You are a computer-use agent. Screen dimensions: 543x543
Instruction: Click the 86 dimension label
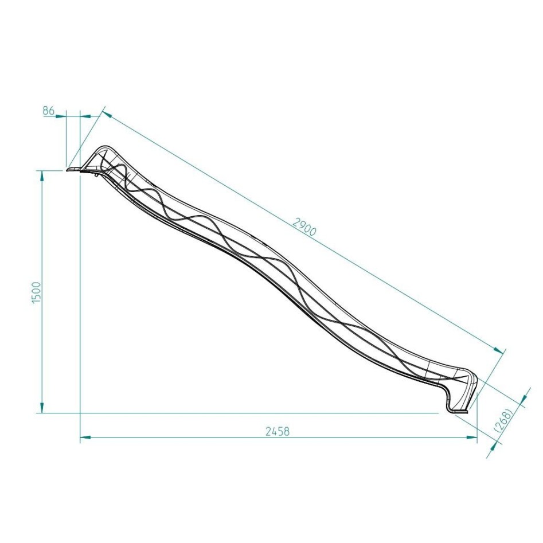(49, 110)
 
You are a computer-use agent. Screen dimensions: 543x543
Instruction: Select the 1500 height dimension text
(36, 292)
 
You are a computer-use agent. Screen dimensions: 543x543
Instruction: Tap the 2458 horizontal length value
(278, 431)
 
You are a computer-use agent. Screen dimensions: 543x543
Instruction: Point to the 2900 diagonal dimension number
(304, 228)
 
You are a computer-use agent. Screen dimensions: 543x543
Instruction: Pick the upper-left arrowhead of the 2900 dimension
(107, 114)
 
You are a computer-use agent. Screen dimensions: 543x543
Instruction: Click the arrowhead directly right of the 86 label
(61, 116)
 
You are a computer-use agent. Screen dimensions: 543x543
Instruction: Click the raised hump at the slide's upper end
(103, 150)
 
